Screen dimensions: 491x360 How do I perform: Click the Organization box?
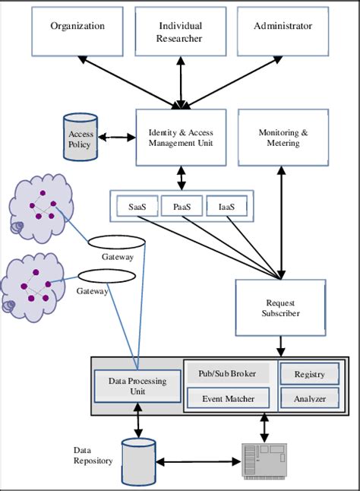pyautogui.click(x=78, y=33)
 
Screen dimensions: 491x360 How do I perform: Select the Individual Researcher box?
pyautogui.click(x=180, y=33)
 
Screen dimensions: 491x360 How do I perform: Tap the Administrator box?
pyautogui.click(x=282, y=33)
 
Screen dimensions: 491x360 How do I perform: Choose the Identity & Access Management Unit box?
pyautogui.click(x=181, y=138)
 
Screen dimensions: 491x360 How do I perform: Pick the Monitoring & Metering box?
pyautogui.click(x=283, y=138)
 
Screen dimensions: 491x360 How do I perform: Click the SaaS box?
pyautogui.click(x=137, y=206)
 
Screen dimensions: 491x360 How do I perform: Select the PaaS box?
pyautogui.click(x=181, y=206)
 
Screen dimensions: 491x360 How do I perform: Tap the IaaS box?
pyautogui.click(x=225, y=206)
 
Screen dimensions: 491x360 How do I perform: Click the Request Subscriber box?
pyautogui.click(x=282, y=307)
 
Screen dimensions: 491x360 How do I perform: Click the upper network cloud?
pyautogui.click(x=42, y=207)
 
